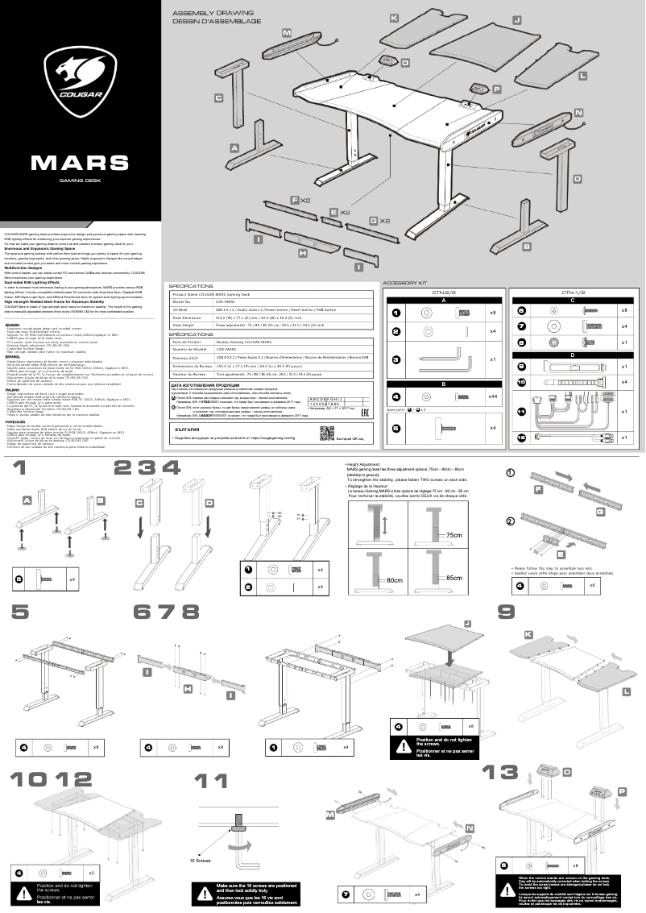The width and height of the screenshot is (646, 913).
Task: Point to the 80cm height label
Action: click(394, 579)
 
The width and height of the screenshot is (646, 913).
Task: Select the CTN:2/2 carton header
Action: click(444, 293)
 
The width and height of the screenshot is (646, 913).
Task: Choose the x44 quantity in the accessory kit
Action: click(491, 396)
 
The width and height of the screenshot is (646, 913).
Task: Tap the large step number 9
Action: click(506, 612)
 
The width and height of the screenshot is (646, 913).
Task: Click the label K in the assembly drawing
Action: click(394, 17)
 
